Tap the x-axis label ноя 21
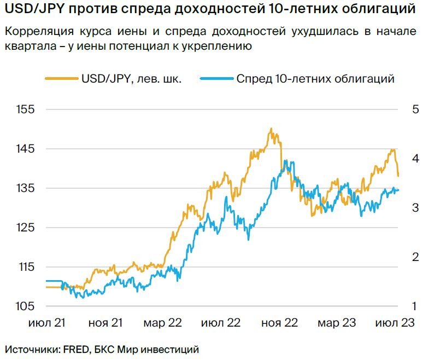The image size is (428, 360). pos(105,323)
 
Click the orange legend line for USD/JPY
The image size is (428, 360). pos(61,79)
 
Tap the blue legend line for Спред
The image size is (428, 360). pos(216,79)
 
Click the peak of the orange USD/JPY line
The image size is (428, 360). pos(271,129)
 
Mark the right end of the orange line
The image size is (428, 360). pos(398,176)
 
